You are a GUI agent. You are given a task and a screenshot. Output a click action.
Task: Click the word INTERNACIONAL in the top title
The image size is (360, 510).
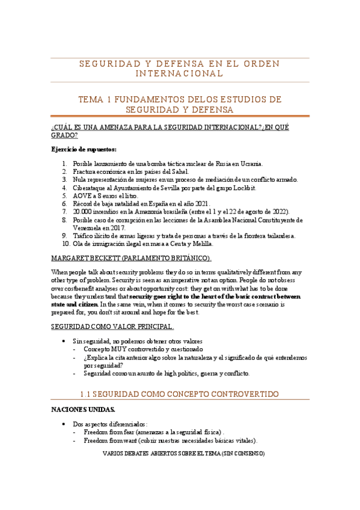(180, 73)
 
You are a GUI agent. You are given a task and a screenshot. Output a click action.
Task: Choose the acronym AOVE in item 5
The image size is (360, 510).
(82, 195)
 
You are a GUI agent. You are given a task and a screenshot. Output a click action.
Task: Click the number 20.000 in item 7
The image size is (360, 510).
(83, 212)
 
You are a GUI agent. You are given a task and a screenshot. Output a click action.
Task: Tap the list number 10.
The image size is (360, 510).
(66, 244)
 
